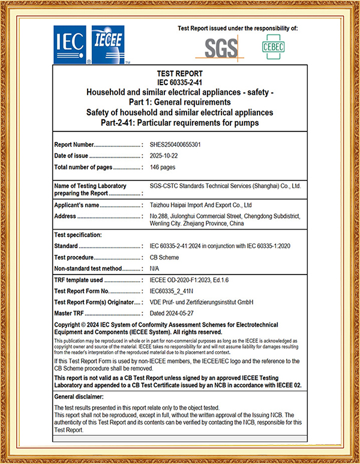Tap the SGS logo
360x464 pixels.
click(x=221, y=47)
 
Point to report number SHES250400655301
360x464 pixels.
click(x=175, y=144)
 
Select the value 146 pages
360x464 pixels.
click(x=163, y=167)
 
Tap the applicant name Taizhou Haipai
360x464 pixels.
click(x=191, y=205)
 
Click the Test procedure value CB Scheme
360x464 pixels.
click(x=166, y=257)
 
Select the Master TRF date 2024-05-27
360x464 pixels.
click(x=174, y=313)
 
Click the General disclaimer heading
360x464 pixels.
click(x=82, y=397)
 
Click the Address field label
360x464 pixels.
click(x=65, y=216)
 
